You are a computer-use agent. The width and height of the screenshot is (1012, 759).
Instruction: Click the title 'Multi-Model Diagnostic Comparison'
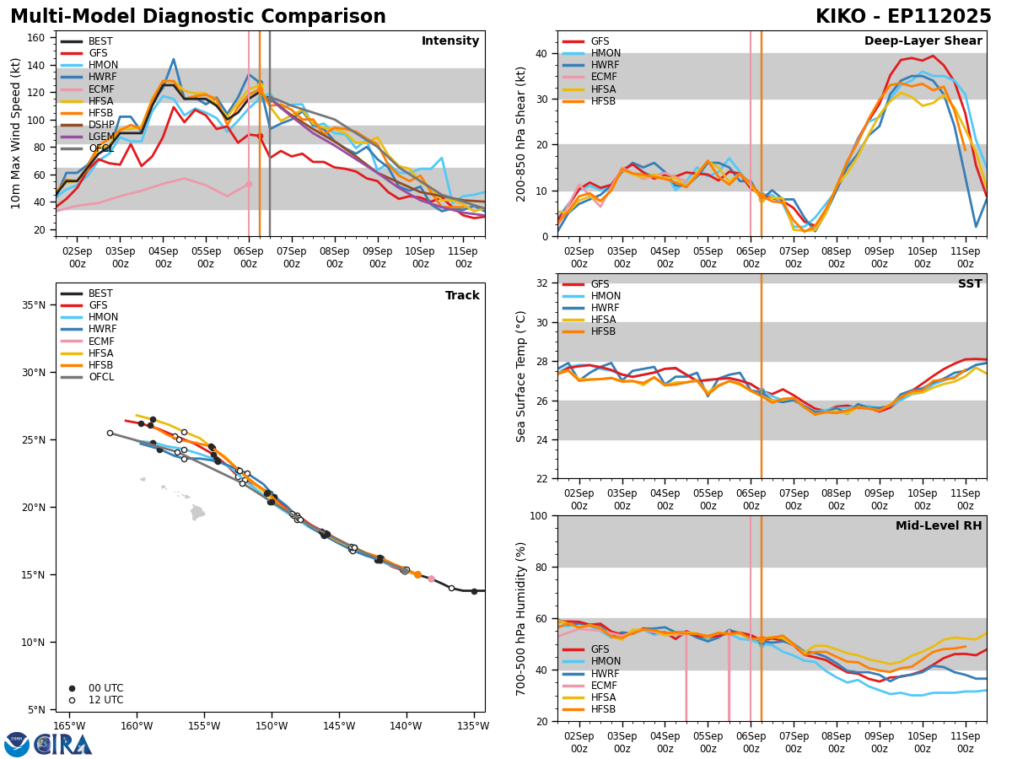198,17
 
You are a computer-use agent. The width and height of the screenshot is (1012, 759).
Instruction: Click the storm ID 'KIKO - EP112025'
903,17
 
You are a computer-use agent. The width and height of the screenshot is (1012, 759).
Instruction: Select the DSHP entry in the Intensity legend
100,124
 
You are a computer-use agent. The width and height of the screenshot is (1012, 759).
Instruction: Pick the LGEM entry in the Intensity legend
100,136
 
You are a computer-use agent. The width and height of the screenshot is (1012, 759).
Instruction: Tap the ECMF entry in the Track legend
100,342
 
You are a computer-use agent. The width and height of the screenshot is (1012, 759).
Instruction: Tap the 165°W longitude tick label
69,726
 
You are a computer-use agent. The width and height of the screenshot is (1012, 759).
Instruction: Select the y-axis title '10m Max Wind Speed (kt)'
16,133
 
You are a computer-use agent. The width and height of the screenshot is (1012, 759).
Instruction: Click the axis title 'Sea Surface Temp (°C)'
522,376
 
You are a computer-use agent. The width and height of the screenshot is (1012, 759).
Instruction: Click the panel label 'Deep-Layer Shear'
923,41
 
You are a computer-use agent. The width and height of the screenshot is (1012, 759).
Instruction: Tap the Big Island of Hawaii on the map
198,512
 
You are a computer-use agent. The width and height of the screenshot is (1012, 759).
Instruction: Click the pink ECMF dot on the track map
431,579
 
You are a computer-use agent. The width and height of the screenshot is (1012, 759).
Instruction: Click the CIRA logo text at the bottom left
64,745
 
